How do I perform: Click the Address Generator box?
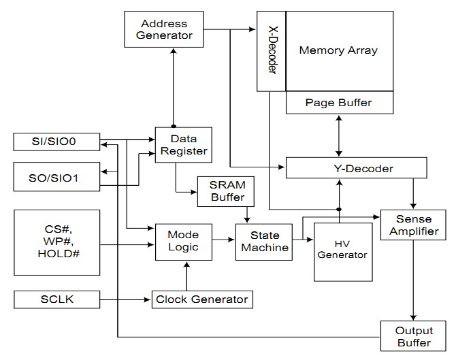tap(165, 29)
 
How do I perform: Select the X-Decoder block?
tap(271, 50)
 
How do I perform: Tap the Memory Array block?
tap(338, 50)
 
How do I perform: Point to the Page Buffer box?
tap(338, 103)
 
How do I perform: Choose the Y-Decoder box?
tap(357, 168)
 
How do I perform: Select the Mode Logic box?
tap(182, 240)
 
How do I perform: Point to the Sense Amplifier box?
tap(413, 225)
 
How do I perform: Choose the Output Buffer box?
tap(413, 337)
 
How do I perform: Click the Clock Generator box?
tap(201, 299)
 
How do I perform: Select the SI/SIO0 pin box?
tap(56, 142)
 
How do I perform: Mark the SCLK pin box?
tap(56, 299)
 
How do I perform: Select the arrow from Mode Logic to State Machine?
tap(223, 240)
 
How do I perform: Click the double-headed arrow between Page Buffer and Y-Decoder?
tap(338, 135)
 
